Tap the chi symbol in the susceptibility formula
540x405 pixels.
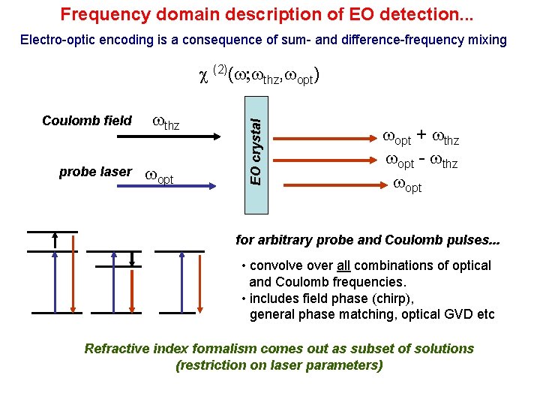tap(202, 76)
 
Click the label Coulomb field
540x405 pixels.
tap(87, 121)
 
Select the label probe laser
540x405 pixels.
tap(94, 172)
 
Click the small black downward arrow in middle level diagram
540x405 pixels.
tap(132, 258)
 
